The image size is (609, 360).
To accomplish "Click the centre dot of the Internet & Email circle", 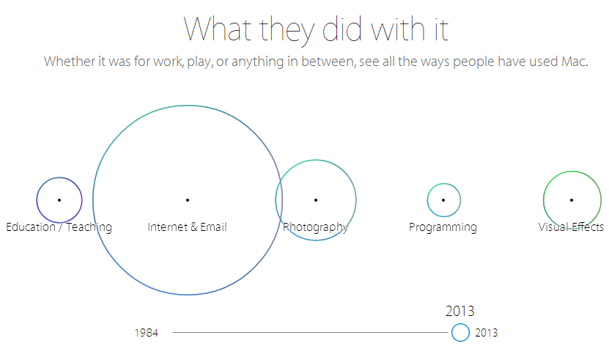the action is pyautogui.click(x=188, y=200).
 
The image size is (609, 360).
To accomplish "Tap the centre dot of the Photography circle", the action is pyautogui.click(x=316, y=200).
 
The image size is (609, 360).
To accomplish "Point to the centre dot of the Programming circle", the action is pyautogui.click(x=443, y=200).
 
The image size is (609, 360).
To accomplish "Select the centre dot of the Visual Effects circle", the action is pyautogui.click(x=572, y=200).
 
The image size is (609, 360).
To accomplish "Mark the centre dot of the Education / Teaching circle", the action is pyautogui.click(x=59, y=200).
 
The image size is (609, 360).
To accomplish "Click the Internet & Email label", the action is pyautogui.click(x=187, y=227).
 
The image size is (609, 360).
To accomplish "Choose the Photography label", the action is pyautogui.click(x=315, y=227).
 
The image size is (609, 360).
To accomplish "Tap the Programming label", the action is pyautogui.click(x=443, y=227).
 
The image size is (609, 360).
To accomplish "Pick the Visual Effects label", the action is pyautogui.click(x=571, y=227).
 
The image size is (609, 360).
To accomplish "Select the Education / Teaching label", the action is pyautogui.click(x=59, y=227).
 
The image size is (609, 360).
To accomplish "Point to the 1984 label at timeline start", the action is pyautogui.click(x=147, y=333).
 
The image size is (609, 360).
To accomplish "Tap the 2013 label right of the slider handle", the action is pyautogui.click(x=487, y=333).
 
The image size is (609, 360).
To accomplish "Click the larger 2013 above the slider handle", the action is pyautogui.click(x=459, y=311).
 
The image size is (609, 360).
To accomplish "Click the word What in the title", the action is pyautogui.click(x=218, y=29).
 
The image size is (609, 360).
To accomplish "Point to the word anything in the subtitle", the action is pyautogui.click(x=257, y=62).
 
